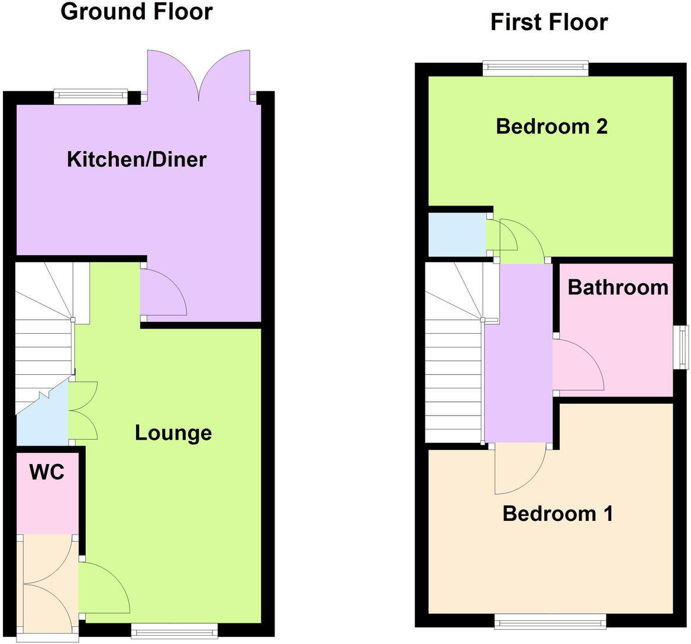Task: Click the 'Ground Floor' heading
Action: [x=137, y=12]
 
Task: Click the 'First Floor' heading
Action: [x=549, y=22]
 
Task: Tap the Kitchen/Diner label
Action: [x=137, y=159]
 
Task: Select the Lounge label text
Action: [x=173, y=433]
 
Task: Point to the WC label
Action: [x=47, y=472]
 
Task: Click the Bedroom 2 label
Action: [x=551, y=126]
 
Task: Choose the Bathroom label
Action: [x=618, y=288]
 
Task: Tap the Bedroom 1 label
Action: [x=557, y=513]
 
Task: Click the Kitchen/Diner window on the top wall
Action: [x=91, y=94]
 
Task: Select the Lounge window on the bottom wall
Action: [x=175, y=631]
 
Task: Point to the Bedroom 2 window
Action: [x=535, y=68]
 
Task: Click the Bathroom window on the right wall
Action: [x=683, y=347]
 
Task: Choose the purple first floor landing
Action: [x=519, y=355]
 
